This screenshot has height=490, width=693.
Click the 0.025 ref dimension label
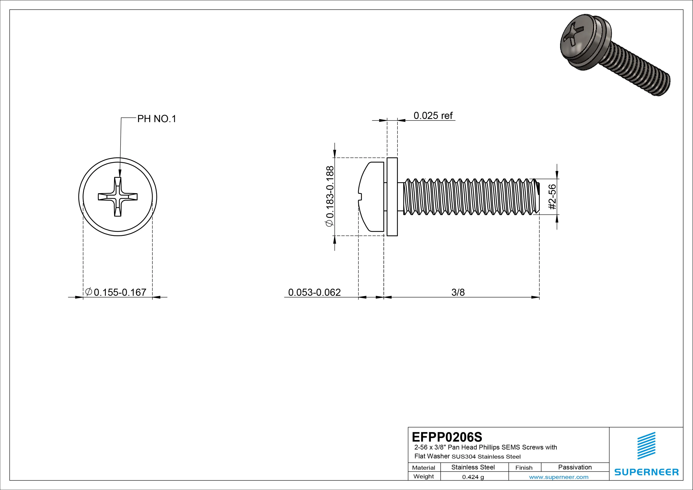433,116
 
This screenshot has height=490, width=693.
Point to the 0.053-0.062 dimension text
314,292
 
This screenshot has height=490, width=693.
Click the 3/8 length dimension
458,292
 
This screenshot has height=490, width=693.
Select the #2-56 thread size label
552,197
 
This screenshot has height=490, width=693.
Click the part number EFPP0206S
447,437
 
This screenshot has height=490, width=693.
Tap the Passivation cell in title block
575,467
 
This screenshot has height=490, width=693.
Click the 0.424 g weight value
473,477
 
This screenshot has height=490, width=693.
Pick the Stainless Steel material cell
473,467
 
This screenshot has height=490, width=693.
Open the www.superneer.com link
558,477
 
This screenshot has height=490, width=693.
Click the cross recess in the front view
118,197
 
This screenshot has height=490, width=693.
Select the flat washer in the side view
392,197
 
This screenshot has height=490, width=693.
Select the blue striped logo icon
646,446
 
